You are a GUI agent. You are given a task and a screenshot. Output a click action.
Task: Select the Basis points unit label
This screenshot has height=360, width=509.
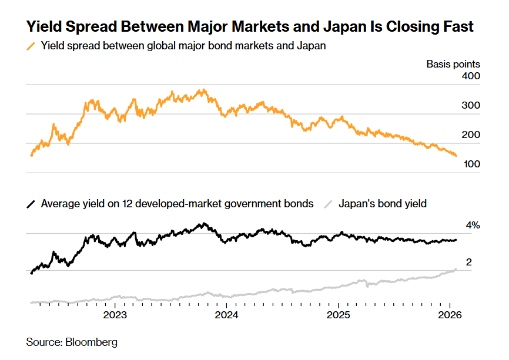(453, 64)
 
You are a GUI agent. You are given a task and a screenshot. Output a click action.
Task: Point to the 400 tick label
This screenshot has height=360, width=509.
(472, 76)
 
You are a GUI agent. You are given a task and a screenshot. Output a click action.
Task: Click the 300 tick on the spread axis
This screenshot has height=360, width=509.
(472, 106)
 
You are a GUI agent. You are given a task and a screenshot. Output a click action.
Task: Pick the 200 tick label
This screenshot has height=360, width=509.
(472, 135)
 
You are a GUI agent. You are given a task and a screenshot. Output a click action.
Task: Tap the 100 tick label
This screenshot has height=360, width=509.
(472, 164)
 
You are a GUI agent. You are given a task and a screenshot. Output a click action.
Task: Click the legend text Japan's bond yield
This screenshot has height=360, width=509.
(383, 204)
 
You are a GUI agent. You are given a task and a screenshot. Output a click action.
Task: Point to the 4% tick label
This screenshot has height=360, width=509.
(473, 226)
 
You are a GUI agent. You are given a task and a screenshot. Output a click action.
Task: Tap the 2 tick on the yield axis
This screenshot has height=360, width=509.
(468, 263)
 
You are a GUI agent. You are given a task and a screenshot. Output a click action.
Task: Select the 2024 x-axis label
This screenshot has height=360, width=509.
(226, 315)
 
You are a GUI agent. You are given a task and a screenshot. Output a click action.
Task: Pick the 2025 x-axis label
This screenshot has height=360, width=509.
(339, 315)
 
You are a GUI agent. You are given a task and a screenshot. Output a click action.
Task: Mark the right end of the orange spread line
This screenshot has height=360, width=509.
(456, 155)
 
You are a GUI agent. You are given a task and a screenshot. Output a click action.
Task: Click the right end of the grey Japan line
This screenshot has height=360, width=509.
(456, 269)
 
